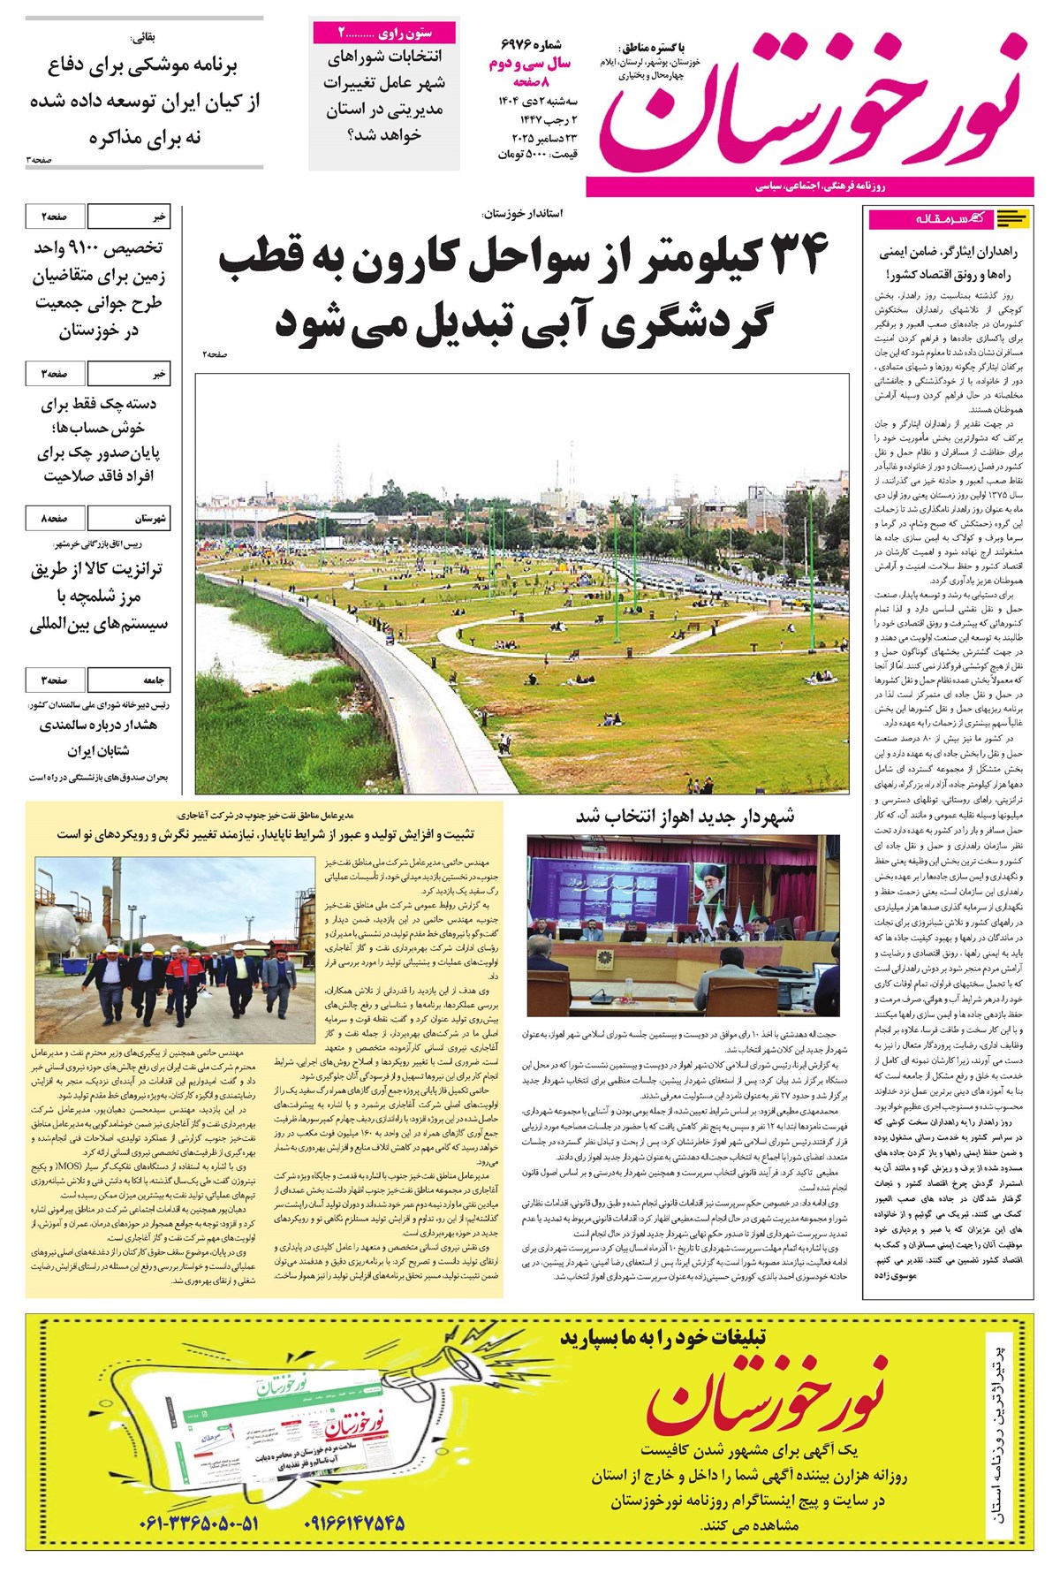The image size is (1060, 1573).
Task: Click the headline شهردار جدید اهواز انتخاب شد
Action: tap(685, 816)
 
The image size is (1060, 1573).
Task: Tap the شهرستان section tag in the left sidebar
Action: tap(151, 519)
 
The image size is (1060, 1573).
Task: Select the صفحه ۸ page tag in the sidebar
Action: tap(55, 519)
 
